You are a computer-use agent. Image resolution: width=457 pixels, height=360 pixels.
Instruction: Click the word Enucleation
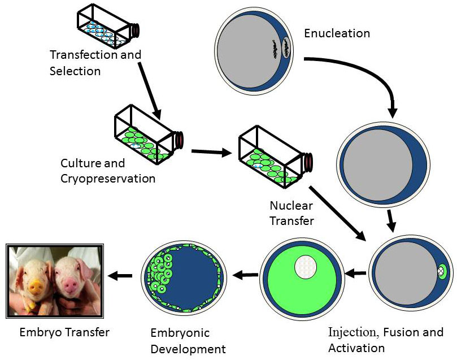[337, 33]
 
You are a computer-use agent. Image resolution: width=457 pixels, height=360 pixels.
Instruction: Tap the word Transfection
[84, 54]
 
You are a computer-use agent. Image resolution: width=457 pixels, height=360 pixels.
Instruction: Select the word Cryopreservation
[108, 179]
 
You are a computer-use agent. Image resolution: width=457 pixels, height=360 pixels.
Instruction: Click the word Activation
[356, 348]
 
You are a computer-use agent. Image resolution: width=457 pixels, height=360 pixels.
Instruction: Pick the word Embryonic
[180, 333]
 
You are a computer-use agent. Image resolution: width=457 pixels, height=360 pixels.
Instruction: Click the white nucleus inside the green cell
[306, 267]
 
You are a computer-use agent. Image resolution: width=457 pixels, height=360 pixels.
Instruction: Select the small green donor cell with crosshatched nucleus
[442, 271]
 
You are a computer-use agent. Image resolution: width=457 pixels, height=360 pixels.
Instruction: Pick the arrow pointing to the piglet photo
[120, 275]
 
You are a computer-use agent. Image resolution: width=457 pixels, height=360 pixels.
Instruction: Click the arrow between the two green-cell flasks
[211, 152]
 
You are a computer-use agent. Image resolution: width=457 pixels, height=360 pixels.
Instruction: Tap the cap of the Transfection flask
[136, 31]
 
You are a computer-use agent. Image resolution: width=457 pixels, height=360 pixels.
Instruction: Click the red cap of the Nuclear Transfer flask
[308, 161]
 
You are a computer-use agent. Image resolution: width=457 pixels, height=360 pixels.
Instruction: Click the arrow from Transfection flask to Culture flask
[150, 90]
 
